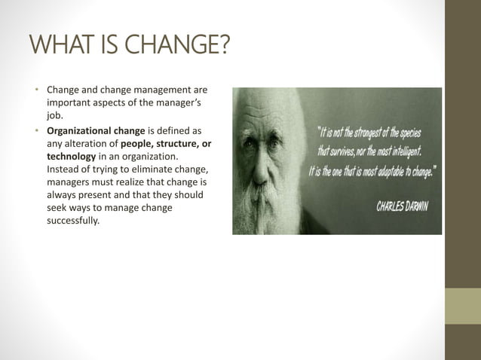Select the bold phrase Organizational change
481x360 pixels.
96,130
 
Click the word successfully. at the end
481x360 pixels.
72,219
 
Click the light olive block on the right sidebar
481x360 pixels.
462,307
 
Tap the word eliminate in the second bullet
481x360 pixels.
148,168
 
